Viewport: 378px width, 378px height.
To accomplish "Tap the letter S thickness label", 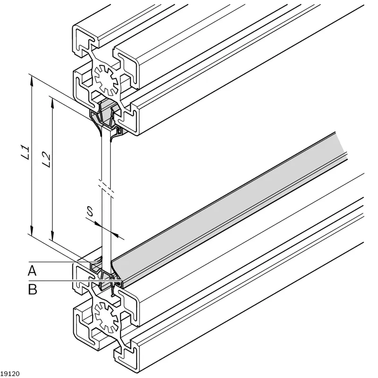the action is click(x=90, y=211).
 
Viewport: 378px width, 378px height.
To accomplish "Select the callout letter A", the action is click(x=32, y=270).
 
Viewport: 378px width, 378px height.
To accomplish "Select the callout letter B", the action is click(x=33, y=289).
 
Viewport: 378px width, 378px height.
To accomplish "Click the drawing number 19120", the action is click(x=10, y=374).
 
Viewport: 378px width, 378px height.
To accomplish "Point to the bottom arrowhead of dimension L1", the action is click(x=31, y=230).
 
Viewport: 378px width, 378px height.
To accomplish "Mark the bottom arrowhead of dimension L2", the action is click(x=52, y=235).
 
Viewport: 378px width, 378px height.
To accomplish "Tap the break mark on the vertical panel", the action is click(x=106, y=187).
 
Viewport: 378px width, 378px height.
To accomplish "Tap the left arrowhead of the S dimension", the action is click(x=98, y=224).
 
